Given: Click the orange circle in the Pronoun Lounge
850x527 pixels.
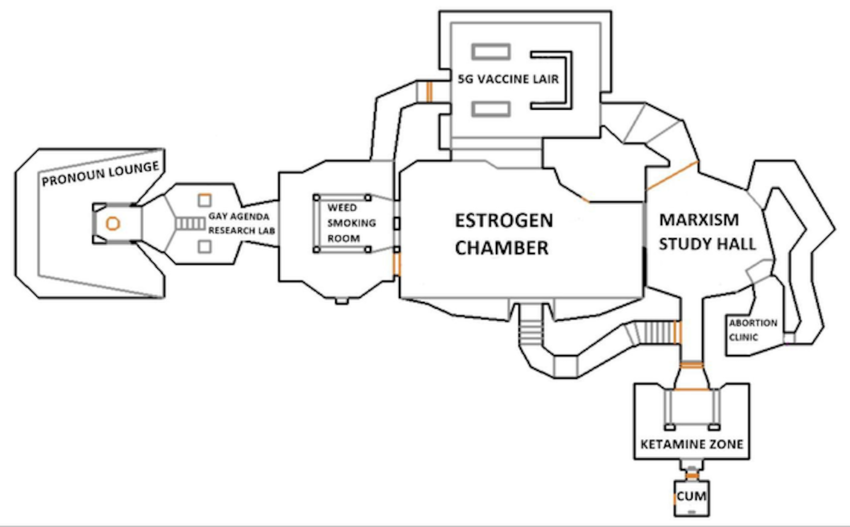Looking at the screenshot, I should pyautogui.click(x=113, y=223).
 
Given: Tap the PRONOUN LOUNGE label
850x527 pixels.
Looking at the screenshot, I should pyautogui.click(x=100, y=177).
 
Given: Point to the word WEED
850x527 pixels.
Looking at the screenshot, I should pyautogui.click(x=343, y=209).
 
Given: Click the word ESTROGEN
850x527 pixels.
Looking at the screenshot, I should pyautogui.click(x=504, y=220).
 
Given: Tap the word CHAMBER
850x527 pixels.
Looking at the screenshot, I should pyautogui.click(x=501, y=248).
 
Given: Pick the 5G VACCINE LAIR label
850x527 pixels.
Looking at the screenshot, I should pyautogui.click(x=508, y=79).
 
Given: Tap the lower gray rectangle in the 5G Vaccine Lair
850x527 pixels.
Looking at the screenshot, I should pyautogui.click(x=492, y=109).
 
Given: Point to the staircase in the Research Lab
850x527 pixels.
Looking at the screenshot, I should pyautogui.click(x=189, y=224).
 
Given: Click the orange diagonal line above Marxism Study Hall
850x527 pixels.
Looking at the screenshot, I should pyautogui.click(x=672, y=175).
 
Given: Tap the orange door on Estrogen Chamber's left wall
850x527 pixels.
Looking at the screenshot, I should pyautogui.click(x=397, y=263).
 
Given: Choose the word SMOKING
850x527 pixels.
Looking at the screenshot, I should pyautogui.click(x=351, y=223).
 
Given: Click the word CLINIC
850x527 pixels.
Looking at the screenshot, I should pyautogui.click(x=744, y=337).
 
